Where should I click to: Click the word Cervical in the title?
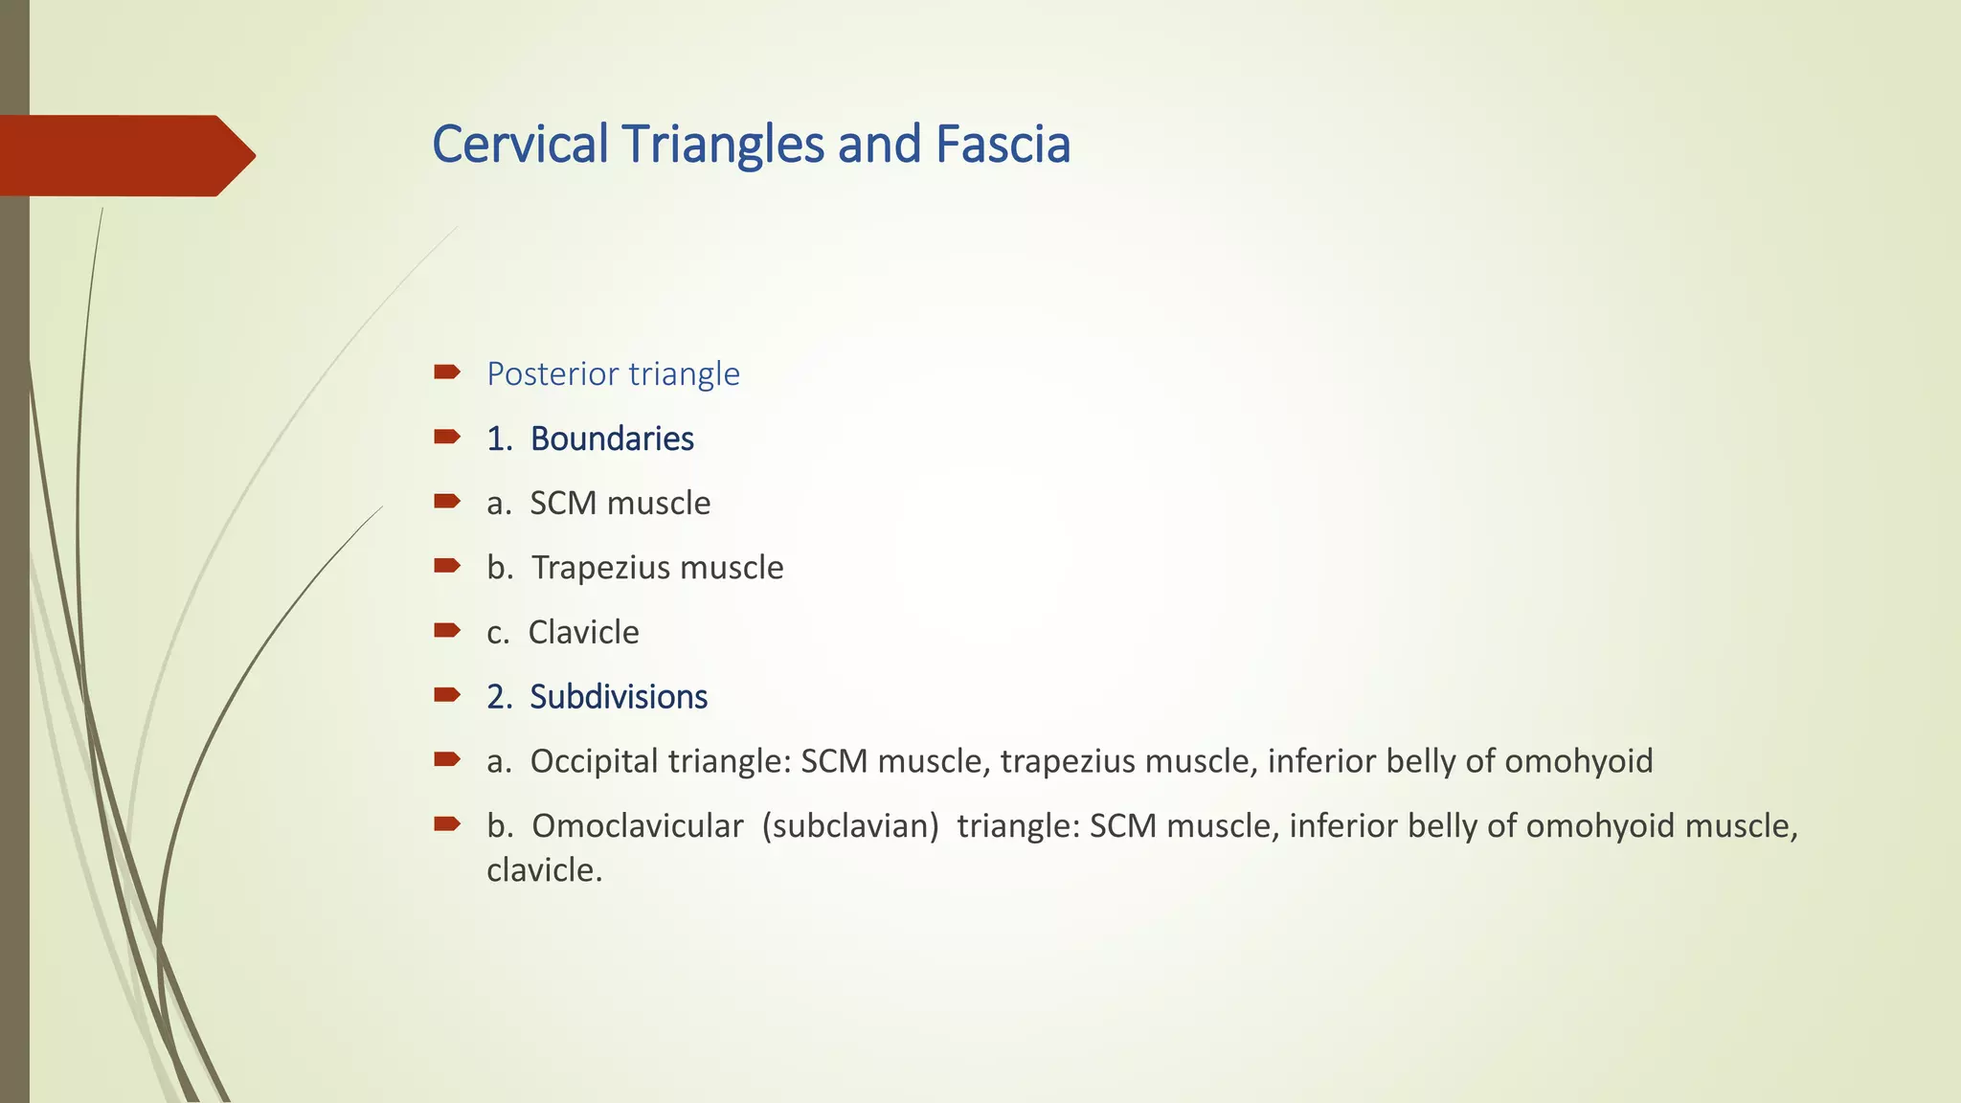point(520,145)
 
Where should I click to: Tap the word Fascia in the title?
point(1003,145)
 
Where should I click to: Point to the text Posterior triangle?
point(613,373)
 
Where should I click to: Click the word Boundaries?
point(612,439)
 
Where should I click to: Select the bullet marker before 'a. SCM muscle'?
point(446,501)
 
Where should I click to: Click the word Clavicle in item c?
point(583,632)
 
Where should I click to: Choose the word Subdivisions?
point(619,697)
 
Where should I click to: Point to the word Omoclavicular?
point(638,825)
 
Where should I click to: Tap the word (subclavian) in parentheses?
point(850,825)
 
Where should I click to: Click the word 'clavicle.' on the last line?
point(544,869)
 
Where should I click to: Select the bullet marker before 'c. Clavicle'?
point(446,630)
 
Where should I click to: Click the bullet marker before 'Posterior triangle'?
point(446,371)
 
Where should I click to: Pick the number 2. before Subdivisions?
point(499,697)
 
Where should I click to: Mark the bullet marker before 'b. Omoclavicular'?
point(446,823)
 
